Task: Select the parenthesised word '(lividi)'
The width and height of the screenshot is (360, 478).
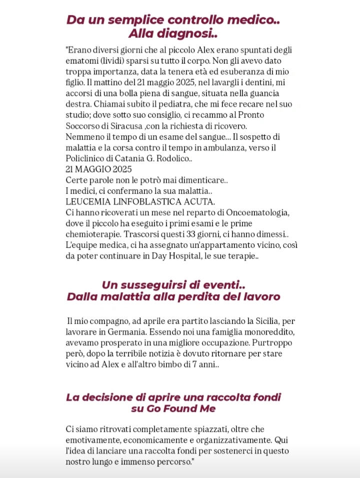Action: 113,61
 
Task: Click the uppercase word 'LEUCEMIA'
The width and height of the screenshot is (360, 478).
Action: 86,202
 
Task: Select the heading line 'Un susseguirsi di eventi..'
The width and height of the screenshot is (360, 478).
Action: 173,285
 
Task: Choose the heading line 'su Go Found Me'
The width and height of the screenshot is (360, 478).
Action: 173,409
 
